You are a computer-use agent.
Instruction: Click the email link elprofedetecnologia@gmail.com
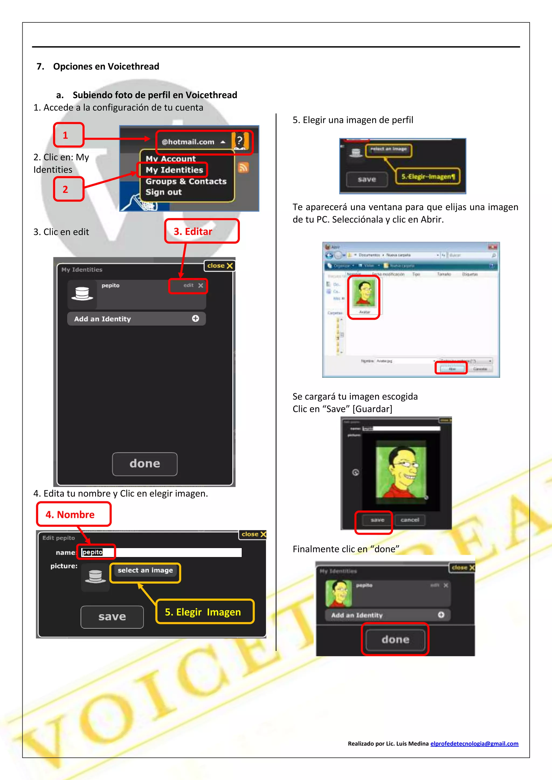pyautogui.click(x=474, y=743)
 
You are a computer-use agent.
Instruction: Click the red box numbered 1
pyautogui.click(x=68, y=135)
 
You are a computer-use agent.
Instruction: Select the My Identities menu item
pyautogui.click(x=174, y=170)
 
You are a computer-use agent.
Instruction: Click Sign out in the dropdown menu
pyautogui.click(x=164, y=192)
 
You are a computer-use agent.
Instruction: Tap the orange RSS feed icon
pyautogui.click(x=243, y=167)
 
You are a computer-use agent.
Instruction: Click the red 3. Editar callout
pyautogui.click(x=202, y=231)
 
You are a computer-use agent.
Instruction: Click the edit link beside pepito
pyautogui.click(x=188, y=285)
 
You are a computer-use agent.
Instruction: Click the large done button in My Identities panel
pyautogui.click(x=144, y=464)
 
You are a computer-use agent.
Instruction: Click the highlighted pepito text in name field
pyautogui.click(x=92, y=552)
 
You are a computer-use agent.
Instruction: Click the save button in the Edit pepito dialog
pyautogui.click(x=112, y=617)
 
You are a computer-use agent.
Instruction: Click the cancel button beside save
pyautogui.click(x=410, y=520)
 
